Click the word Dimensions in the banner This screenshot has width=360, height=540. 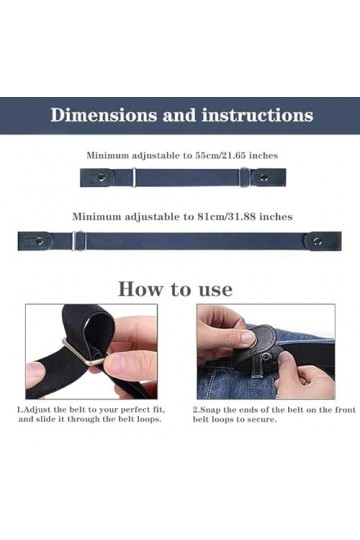[104, 115]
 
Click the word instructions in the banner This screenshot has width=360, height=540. [257, 115]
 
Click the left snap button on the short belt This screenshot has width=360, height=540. [101, 177]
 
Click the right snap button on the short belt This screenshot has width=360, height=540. [264, 178]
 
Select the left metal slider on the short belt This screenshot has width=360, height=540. [134, 177]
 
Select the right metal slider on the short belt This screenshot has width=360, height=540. [244, 177]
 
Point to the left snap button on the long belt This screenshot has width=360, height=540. [40, 241]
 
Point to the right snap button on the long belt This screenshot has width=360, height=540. [318, 241]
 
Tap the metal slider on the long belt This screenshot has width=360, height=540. [78, 241]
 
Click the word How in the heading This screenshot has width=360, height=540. [140, 289]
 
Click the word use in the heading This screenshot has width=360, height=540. [215, 290]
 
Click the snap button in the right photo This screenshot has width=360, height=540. [268, 355]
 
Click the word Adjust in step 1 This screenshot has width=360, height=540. [36, 410]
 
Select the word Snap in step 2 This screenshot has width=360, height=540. [210, 410]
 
